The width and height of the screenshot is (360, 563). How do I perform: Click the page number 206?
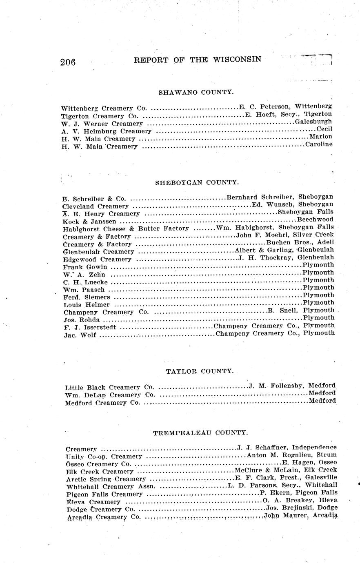(x=68, y=62)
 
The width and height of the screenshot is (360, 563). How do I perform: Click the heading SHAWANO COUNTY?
(x=196, y=92)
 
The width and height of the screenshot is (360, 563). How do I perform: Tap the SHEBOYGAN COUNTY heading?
(x=197, y=183)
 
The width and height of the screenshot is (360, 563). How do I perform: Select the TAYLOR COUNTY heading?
(x=200, y=371)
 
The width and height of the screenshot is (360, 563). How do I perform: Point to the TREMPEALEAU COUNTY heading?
(x=200, y=433)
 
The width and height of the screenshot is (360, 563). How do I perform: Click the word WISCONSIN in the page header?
(x=237, y=59)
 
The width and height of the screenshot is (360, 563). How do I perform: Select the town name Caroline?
(x=319, y=144)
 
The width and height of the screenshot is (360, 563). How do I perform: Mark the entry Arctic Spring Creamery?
(x=106, y=479)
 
